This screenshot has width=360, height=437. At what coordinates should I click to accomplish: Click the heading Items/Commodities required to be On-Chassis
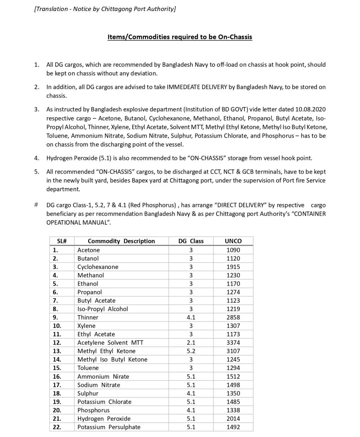[180, 37]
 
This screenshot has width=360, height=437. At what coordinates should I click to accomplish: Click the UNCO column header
[233, 241]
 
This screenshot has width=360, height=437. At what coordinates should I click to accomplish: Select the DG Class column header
[191, 241]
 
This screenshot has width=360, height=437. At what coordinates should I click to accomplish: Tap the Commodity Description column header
[121, 241]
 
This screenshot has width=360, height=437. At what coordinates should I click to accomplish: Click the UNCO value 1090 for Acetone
[233, 250]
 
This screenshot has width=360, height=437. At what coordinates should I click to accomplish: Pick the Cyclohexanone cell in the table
[98, 267]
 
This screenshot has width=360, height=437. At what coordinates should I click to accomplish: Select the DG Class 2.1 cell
[191, 343]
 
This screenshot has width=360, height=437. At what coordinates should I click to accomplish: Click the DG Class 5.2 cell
[191, 351]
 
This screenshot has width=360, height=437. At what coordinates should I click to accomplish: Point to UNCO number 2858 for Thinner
[233, 317]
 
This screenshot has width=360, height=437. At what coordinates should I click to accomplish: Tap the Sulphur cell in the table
[88, 393]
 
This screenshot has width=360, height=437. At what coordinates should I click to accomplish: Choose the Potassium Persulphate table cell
[109, 427]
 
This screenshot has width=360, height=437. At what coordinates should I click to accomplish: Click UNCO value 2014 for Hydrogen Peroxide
[233, 419]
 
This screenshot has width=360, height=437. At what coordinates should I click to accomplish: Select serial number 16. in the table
[57, 377]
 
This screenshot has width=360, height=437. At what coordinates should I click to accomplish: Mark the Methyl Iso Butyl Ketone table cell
[112, 360]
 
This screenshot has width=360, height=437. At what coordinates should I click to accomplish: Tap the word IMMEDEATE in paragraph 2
[183, 87]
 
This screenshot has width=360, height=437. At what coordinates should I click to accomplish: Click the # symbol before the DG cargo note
[36, 205]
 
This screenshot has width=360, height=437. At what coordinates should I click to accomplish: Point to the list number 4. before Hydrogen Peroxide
[37, 158]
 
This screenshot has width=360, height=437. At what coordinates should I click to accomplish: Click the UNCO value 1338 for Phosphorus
[233, 410]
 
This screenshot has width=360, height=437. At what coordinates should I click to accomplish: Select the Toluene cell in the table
[88, 368]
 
